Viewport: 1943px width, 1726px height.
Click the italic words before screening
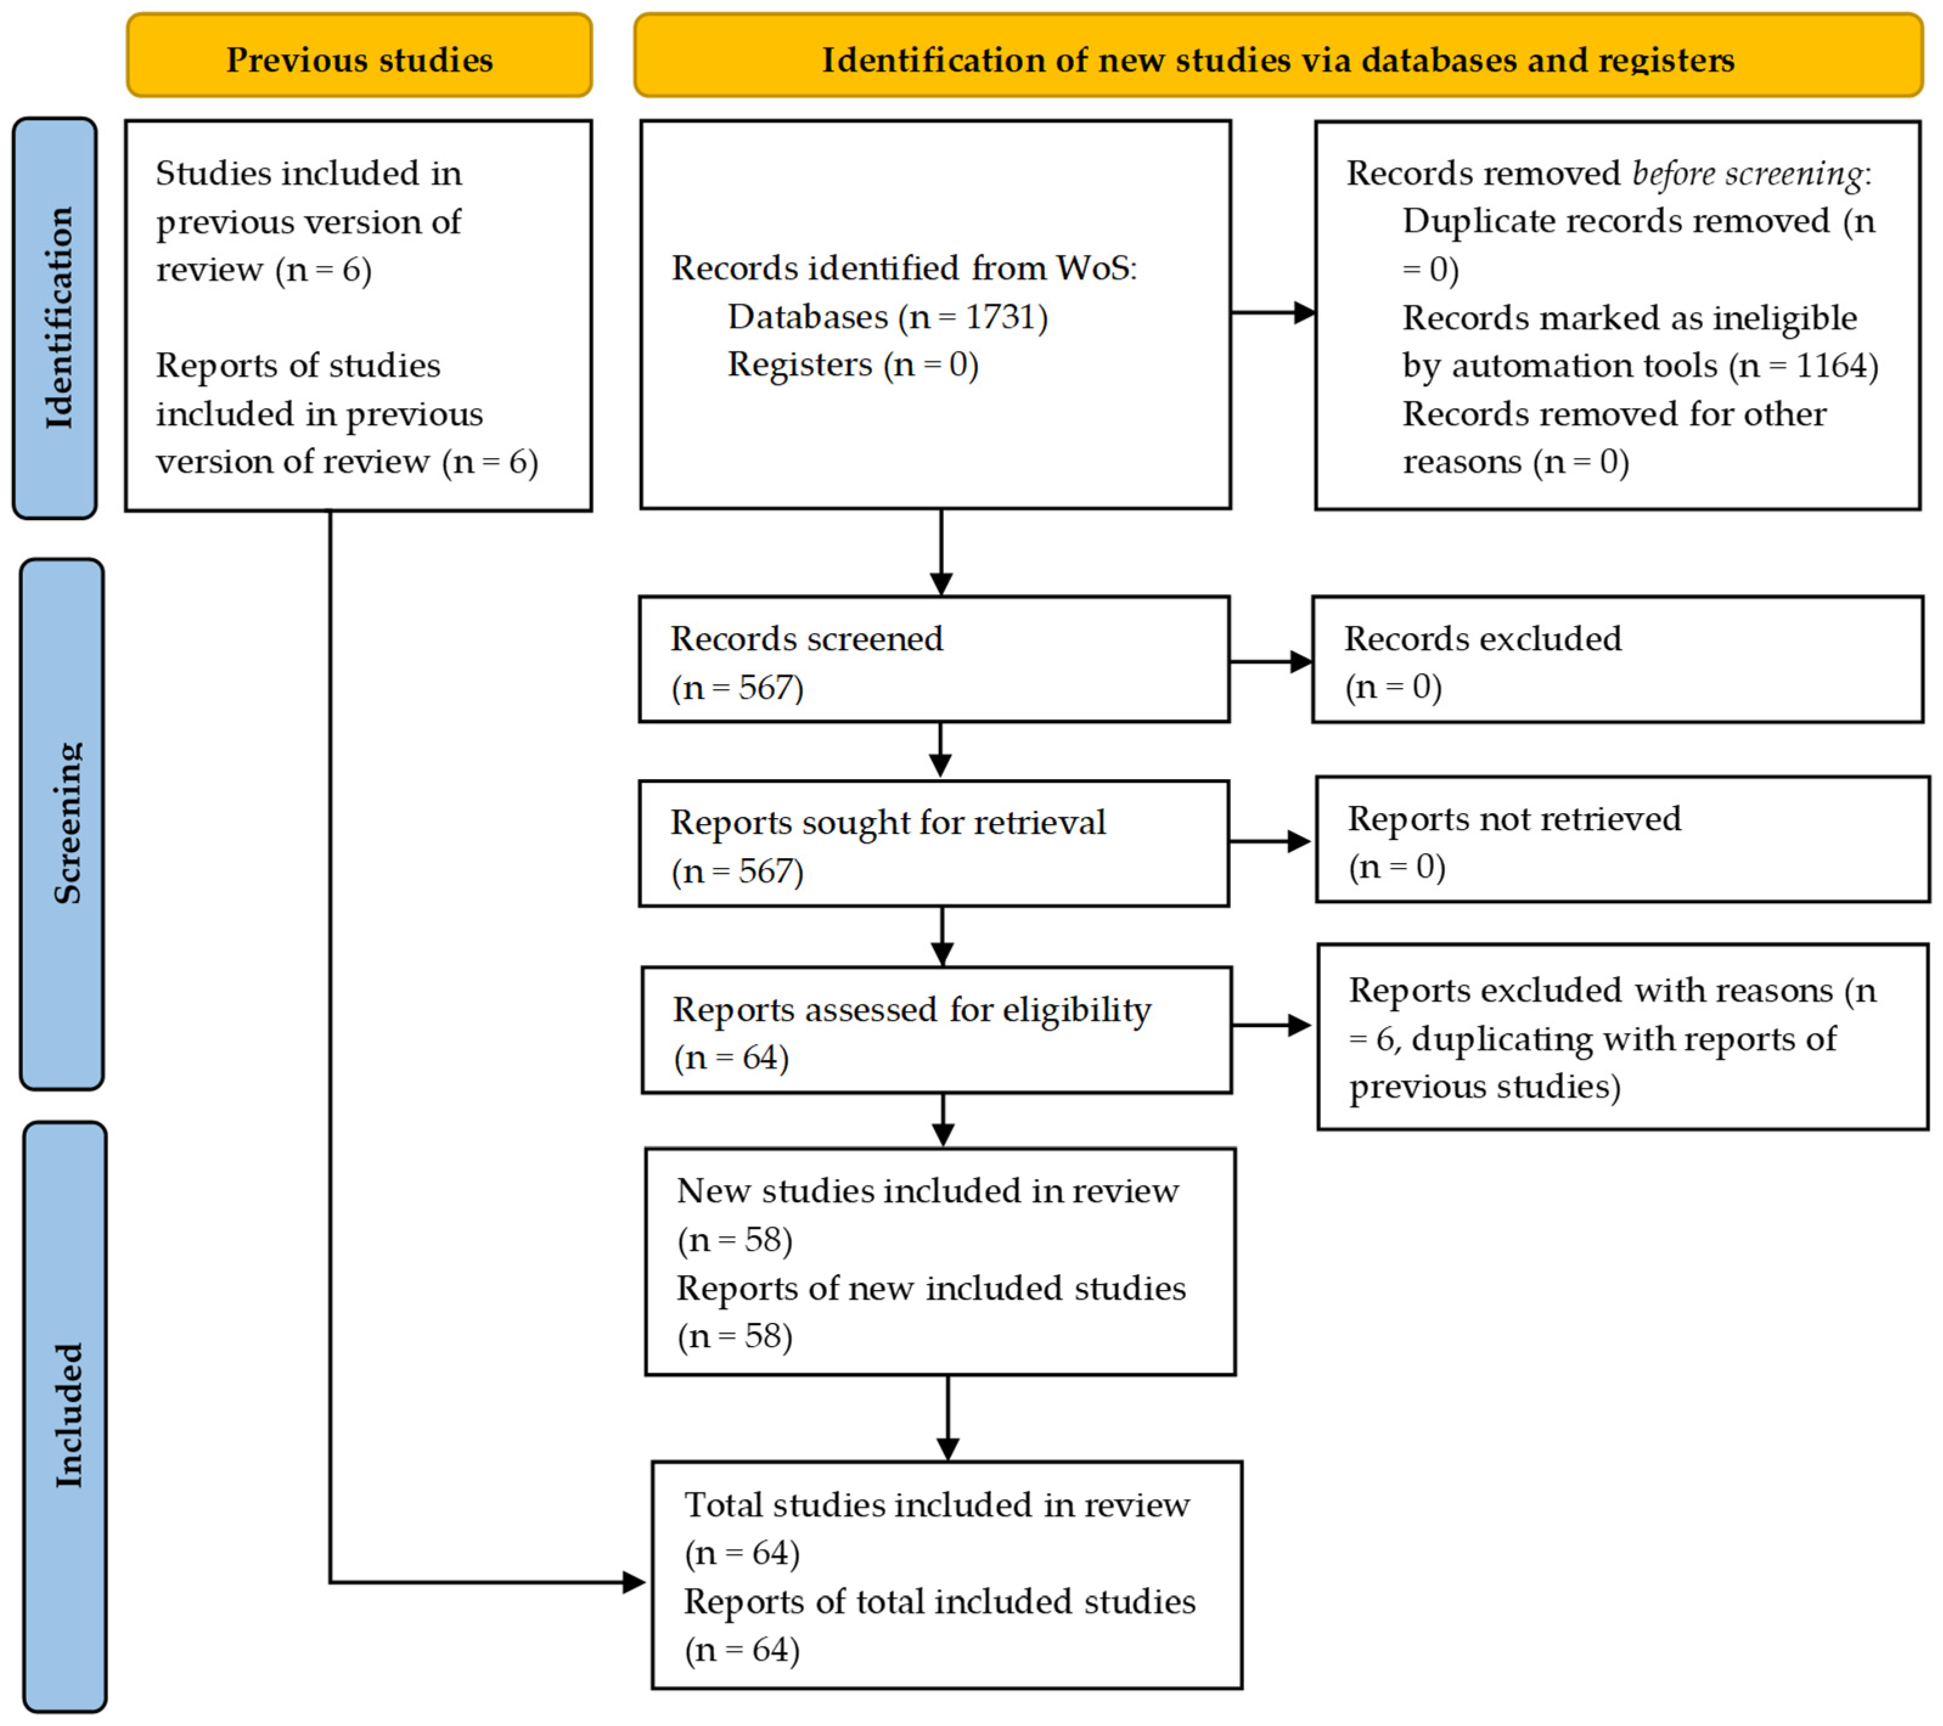[1747, 173]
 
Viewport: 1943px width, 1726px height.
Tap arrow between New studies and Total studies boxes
[947, 1417]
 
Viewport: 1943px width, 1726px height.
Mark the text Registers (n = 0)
[853, 365]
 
